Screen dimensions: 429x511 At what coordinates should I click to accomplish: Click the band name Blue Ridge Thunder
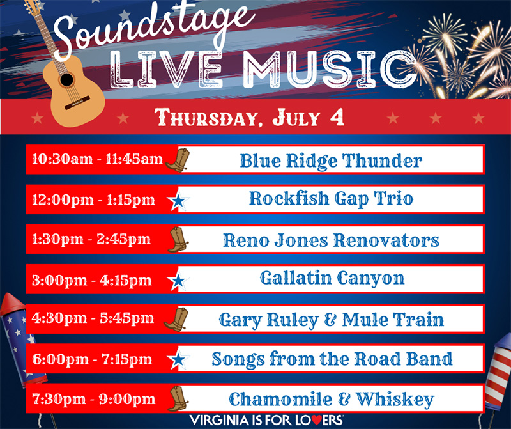point(331,160)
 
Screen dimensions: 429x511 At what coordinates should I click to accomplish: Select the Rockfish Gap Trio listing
point(331,199)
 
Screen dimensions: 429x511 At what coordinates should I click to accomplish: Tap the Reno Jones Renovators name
point(331,240)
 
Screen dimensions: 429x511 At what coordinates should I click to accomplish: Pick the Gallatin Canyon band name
point(332,279)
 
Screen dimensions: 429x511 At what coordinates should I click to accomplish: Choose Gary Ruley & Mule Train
point(331,319)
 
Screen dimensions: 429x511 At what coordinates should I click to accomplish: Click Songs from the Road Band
point(332,359)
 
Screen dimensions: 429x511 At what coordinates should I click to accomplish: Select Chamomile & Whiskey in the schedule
point(331,400)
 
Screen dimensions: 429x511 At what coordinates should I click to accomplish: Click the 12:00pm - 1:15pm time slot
point(93,199)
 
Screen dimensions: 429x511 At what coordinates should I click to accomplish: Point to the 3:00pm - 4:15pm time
point(92,279)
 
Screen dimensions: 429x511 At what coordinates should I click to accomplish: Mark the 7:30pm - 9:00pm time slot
point(93,400)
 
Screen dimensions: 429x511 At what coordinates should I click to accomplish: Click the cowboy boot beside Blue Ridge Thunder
point(177,159)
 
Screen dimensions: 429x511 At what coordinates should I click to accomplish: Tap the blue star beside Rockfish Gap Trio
point(178,201)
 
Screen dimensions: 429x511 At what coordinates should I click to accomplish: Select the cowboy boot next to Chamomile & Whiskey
point(177,399)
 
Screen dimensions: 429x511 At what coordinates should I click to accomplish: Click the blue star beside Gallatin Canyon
point(178,281)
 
